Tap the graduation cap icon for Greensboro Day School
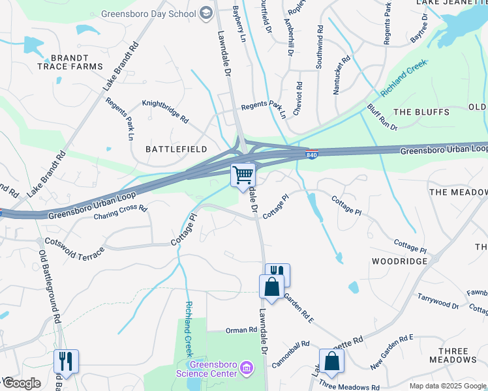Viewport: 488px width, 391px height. click(207, 14)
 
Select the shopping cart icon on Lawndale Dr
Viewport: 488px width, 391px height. click(243, 174)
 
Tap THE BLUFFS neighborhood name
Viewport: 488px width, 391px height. click(421, 112)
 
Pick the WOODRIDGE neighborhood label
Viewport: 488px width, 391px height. click(399, 261)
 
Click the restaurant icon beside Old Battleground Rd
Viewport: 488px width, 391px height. click(66, 360)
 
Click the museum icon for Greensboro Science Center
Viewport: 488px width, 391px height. click(247, 369)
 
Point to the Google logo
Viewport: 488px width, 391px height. click(21, 383)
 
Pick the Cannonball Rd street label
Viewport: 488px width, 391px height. click(290, 353)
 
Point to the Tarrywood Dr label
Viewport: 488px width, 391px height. click(438, 300)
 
